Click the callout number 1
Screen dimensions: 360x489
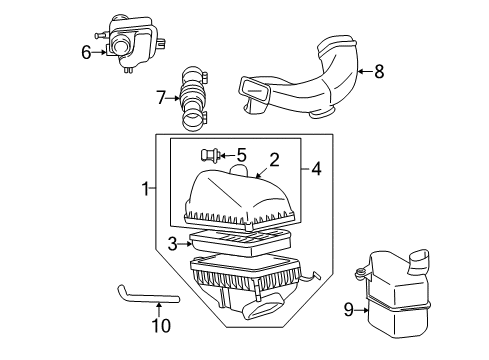coord(146,187)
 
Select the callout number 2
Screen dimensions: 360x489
coord(274,159)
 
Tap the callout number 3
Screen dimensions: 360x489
coord(172,243)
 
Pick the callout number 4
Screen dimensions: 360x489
coord(316,169)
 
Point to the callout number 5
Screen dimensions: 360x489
coord(241,155)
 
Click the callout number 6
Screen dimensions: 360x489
coord(86,50)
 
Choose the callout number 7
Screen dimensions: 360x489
coord(160,97)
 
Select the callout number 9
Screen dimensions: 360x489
coord(348,310)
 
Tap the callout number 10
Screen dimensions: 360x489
coord(161,325)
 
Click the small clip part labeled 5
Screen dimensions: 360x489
coord(209,155)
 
